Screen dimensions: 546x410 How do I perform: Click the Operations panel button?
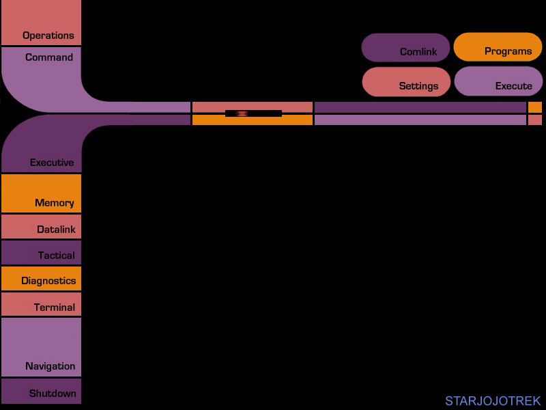pyautogui.click(x=41, y=23)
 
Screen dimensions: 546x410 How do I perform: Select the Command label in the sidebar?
pyautogui.click(x=49, y=57)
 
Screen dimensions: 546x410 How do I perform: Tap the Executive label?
pyautogui.click(x=52, y=163)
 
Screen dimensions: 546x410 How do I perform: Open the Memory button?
pyautogui.click(x=41, y=193)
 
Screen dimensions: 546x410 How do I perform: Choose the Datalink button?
pyautogui.click(x=41, y=227)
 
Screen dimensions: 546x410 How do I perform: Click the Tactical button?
pyautogui.click(x=41, y=252)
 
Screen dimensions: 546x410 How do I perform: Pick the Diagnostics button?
pyautogui.click(x=41, y=279)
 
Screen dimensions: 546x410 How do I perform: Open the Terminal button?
pyautogui.click(x=41, y=304)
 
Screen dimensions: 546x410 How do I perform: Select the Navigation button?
pyautogui.click(x=41, y=347)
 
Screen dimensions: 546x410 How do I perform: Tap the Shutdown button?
pyautogui.click(x=41, y=391)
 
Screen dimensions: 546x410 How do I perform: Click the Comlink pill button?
pyautogui.click(x=405, y=48)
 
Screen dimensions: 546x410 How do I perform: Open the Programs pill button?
pyautogui.click(x=498, y=47)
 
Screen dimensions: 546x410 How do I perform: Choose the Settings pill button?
pyautogui.click(x=406, y=82)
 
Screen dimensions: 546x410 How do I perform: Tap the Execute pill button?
pyautogui.click(x=498, y=81)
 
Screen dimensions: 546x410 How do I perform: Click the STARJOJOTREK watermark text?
pyautogui.click(x=493, y=401)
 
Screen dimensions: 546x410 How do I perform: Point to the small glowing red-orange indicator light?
pyautogui.click(x=242, y=113)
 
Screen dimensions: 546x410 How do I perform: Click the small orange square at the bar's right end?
pyautogui.click(x=535, y=107)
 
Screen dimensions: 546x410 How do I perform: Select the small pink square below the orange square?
pyautogui.click(x=535, y=120)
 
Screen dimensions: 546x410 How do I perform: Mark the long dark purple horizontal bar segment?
pyautogui.click(x=420, y=107)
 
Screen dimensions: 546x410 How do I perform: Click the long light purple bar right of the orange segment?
pyautogui.click(x=420, y=120)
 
